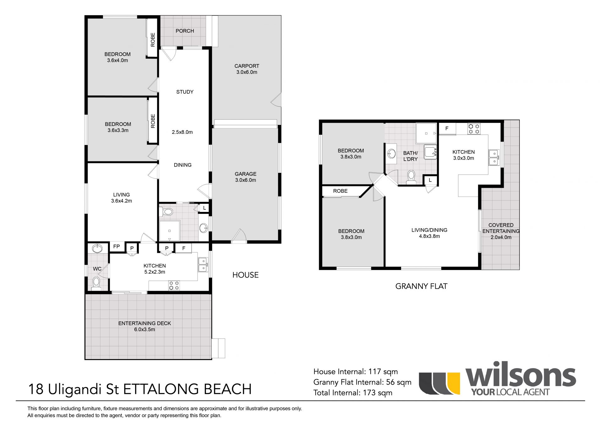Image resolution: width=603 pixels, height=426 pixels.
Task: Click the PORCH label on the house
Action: pyautogui.click(x=185, y=31)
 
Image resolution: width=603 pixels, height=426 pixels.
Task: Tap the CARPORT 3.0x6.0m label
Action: pyautogui.click(x=247, y=69)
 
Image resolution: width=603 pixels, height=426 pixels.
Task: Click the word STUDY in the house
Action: pyautogui.click(x=185, y=92)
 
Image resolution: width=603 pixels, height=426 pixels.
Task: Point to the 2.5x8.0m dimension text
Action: pyautogui.click(x=182, y=132)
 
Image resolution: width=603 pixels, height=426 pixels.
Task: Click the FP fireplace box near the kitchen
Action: pyautogui.click(x=117, y=247)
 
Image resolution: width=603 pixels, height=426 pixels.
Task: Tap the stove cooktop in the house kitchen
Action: pyautogui.click(x=174, y=285)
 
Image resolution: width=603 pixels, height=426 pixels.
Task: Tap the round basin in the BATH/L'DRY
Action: pyautogui.click(x=392, y=154)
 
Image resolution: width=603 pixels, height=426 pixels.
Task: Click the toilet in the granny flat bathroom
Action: pyautogui.click(x=411, y=177)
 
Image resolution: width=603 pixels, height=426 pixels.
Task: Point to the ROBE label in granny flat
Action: pyautogui.click(x=340, y=191)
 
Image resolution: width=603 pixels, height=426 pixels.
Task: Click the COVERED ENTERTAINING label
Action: pyautogui.click(x=501, y=231)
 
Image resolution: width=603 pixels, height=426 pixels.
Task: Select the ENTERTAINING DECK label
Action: pyautogui.click(x=144, y=326)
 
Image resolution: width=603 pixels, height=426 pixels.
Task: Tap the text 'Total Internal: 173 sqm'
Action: pyautogui.click(x=353, y=392)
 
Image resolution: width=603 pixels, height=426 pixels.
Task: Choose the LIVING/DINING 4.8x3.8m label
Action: pyautogui.click(x=429, y=233)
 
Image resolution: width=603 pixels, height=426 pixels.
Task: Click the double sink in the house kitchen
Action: pyautogui.click(x=203, y=265)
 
